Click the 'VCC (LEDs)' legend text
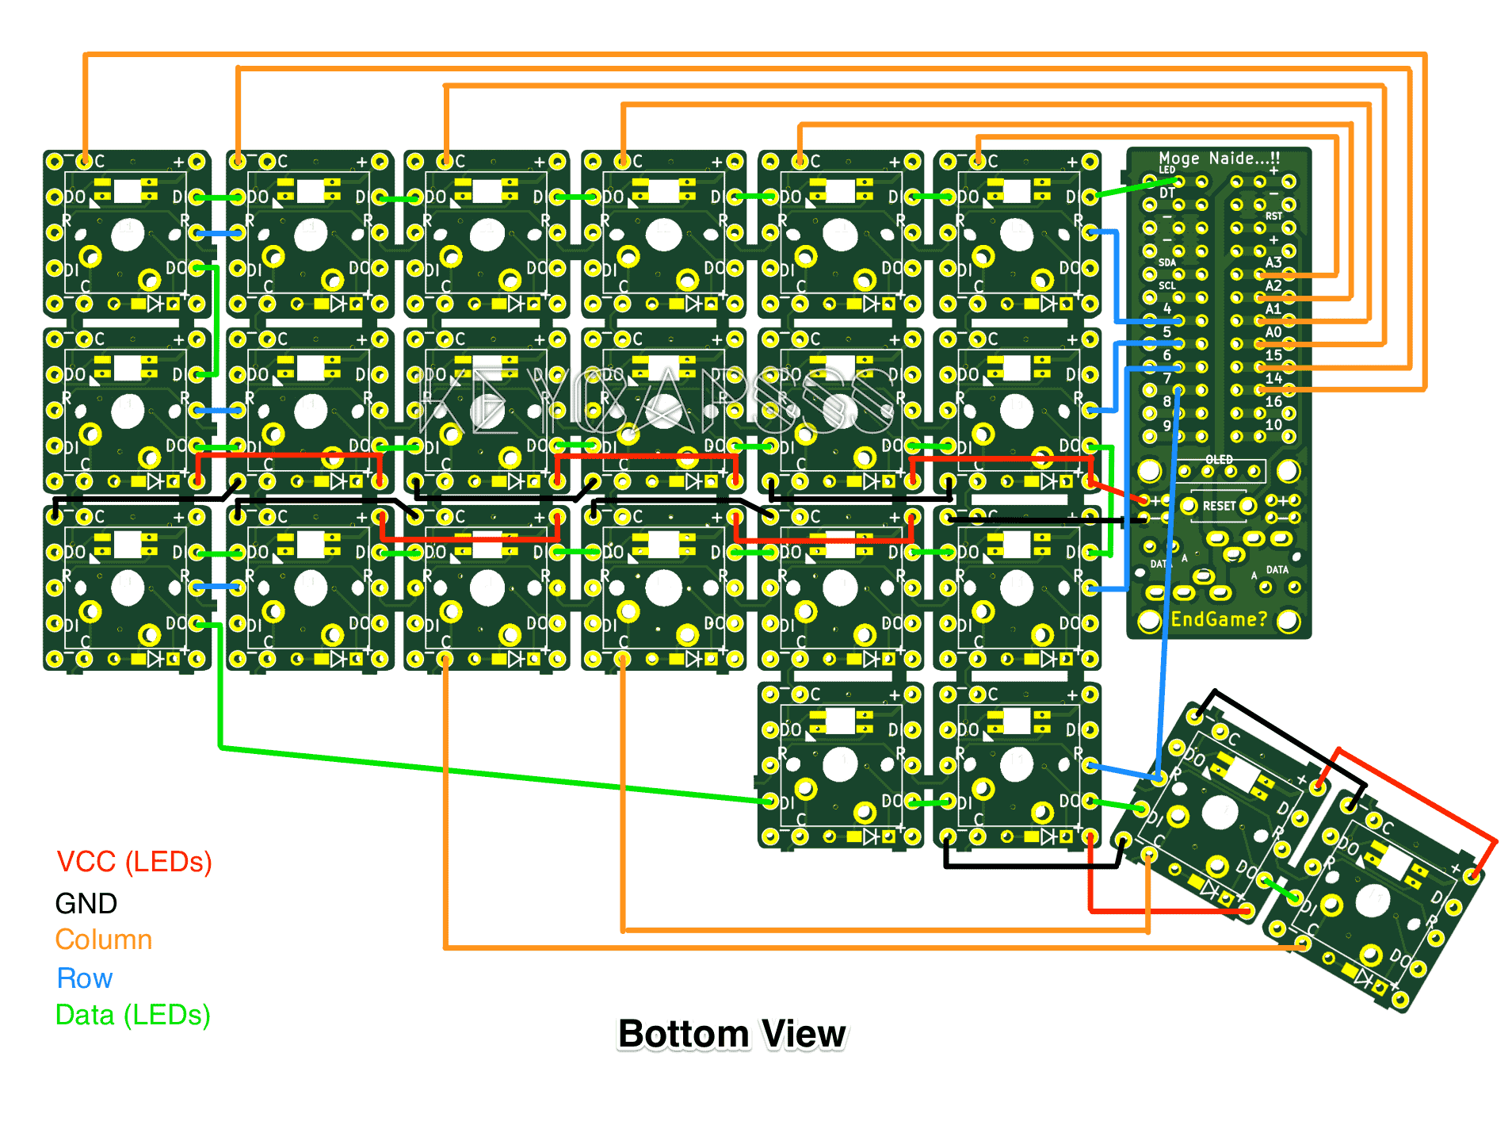pyautogui.click(x=134, y=862)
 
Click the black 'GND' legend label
pyautogui.click(x=86, y=904)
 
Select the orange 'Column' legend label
pyautogui.click(x=103, y=940)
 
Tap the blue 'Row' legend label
pyautogui.click(x=84, y=978)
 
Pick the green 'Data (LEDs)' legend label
pyautogui.click(x=132, y=1015)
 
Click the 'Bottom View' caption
pyautogui.click(x=731, y=1034)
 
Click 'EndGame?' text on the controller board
pyautogui.click(x=1219, y=619)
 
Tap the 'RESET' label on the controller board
pyautogui.click(x=1219, y=506)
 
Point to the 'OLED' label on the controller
pyautogui.click(x=1219, y=460)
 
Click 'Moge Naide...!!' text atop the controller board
pyautogui.click(x=1219, y=158)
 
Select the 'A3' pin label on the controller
pyautogui.click(x=1273, y=262)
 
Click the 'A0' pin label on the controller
pyautogui.click(x=1273, y=332)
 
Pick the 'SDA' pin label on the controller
pyautogui.click(x=1166, y=262)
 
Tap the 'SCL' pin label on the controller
pyautogui.click(x=1166, y=285)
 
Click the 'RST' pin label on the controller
pyautogui.click(x=1273, y=216)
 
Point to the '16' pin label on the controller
pyautogui.click(x=1273, y=402)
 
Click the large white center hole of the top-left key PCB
pyautogui.click(x=128, y=234)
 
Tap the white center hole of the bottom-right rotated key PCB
pyautogui.click(x=1372, y=901)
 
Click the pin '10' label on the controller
pyautogui.click(x=1273, y=425)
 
